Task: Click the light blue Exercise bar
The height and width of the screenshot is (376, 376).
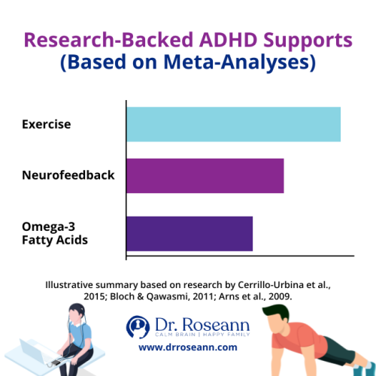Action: [x=233, y=124]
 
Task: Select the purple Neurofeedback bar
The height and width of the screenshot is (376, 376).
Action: [x=205, y=175]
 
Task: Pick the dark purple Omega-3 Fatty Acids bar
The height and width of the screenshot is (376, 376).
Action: [x=190, y=233]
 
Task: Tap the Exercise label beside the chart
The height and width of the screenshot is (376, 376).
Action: [x=46, y=124]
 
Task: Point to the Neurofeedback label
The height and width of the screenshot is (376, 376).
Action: [x=68, y=175]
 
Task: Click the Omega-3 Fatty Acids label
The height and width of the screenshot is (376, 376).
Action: [x=55, y=234]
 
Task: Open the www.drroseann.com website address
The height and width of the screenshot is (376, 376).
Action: [x=188, y=347]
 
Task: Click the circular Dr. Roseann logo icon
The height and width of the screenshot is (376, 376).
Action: [x=137, y=326]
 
